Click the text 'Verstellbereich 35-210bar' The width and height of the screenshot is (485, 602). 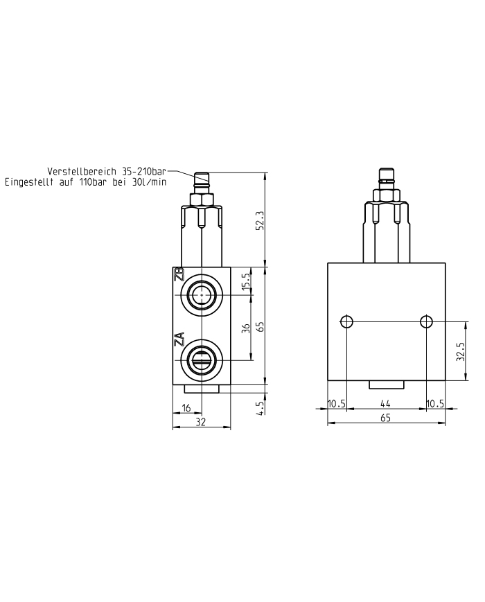click(107, 171)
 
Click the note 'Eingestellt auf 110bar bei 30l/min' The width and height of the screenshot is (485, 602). click(85, 182)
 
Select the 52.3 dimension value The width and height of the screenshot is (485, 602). click(260, 222)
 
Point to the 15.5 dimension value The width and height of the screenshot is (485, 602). click(245, 282)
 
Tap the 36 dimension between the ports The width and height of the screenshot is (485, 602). click(245, 328)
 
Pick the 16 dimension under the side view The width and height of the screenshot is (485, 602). click(186, 409)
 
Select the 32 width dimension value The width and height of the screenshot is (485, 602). click(201, 421)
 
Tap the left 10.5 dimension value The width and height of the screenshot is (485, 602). click(336, 403)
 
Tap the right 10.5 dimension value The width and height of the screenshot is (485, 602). click(435, 403)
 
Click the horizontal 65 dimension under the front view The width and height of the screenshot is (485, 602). click(386, 417)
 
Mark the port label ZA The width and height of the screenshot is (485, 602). click(179, 339)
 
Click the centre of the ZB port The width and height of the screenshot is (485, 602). click(201, 295)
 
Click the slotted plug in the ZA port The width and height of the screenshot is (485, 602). click(201, 360)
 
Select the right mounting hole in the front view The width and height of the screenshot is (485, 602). click(426, 321)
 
